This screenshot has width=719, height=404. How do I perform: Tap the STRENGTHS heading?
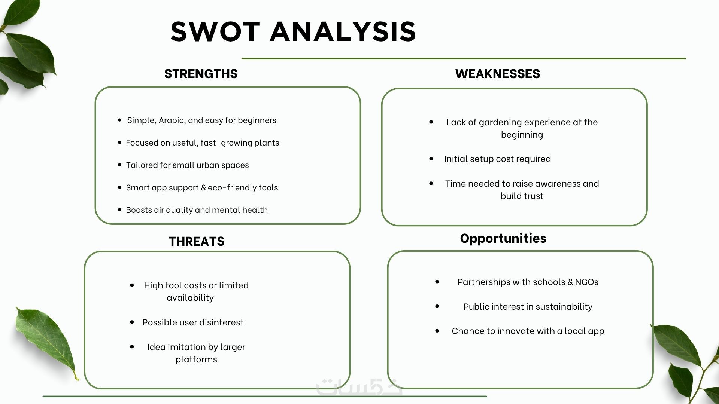point(201,74)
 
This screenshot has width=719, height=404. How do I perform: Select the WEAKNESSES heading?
point(498,74)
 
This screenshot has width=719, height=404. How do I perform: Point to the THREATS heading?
point(197,241)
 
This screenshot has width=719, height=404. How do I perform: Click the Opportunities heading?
point(503,238)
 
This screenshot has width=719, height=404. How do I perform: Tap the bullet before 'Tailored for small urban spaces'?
point(119,165)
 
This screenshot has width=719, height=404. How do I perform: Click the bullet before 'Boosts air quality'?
point(119,209)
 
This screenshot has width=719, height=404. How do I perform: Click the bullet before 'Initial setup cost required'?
point(431,159)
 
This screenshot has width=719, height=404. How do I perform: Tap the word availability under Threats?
point(190,298)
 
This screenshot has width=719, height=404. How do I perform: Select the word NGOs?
point(586,282)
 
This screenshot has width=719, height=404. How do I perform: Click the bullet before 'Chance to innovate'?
point(437,331)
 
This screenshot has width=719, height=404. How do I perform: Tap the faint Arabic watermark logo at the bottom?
point(359,387)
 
